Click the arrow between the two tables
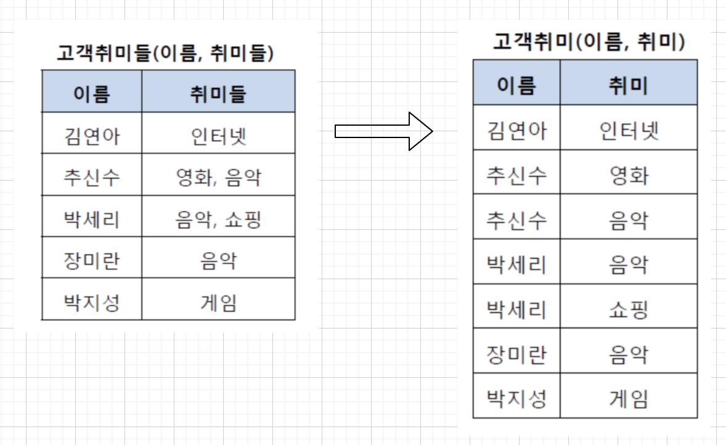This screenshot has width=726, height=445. (x=383, y=131)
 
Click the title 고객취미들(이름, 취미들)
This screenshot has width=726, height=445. (x=165, y=54)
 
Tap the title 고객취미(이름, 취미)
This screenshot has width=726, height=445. (x=589, y=41)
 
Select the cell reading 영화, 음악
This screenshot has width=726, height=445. (x=218, y=178)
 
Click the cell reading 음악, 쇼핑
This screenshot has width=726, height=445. (x=218, y=219)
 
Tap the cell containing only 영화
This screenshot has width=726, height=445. (x=629, y=176)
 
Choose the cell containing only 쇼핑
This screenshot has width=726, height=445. (x=629, y=309)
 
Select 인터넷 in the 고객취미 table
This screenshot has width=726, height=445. (x=629, y=131)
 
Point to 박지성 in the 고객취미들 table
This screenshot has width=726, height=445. (x=91, y=303)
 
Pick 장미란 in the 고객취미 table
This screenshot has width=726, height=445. (x=516, y=354)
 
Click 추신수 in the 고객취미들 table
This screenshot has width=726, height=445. (x=91, y=178)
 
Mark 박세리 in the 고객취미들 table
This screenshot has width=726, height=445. (x=91, y=219)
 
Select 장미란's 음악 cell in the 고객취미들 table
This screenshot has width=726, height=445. (x=218, y=261)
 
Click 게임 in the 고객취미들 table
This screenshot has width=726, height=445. (x=218, y=303)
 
